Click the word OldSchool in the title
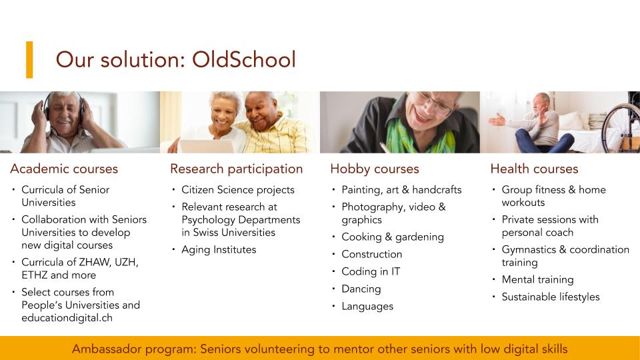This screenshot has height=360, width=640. (244, 59)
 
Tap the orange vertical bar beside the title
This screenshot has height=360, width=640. (29, 59)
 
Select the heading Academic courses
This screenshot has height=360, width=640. (64, 169)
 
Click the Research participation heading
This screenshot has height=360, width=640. (236, 169)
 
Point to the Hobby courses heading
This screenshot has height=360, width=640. (375, 169)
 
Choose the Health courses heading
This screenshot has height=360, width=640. (534, 169)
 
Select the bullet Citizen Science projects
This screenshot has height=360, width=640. (238, 190)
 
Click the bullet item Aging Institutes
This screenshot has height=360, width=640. (219, 249)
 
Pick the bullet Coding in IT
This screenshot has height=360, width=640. (371, 271)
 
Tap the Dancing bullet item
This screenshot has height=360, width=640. (361, 289)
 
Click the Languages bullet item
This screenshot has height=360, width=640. (367, 307)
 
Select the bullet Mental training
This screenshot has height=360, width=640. (537, 279)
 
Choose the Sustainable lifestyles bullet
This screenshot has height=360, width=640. (551, 297)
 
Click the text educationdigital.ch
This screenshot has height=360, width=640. (67, 318)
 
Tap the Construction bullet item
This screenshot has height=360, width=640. (372, 254)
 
